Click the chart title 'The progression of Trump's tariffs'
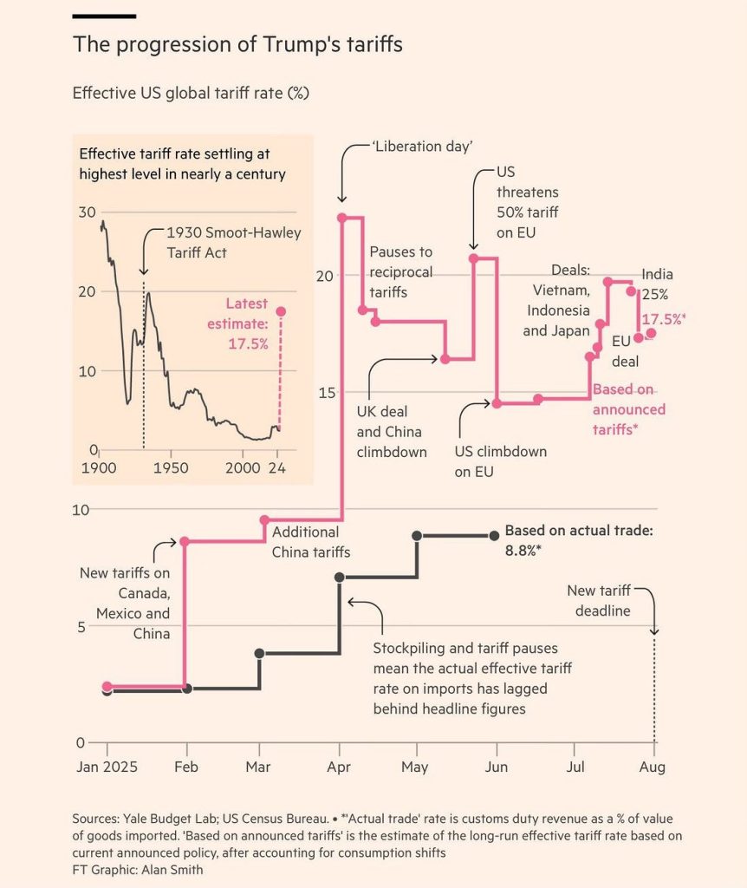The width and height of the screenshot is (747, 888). point(237,45)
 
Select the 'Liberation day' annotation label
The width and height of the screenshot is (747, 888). point(423,147)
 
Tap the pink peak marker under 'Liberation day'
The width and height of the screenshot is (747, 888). point(341,218)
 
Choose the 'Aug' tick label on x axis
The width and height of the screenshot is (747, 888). point(653,767)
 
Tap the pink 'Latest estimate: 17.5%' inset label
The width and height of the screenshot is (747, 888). point(247,323)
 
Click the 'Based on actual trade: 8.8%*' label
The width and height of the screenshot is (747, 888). point(579,539)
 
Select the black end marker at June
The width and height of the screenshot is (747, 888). point(494,536)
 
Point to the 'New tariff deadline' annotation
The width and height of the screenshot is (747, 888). point(599,600)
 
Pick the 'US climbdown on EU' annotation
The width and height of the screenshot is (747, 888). point(500,462)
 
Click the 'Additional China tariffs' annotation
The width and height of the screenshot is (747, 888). point(306,542)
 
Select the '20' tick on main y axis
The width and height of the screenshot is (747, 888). point(321,276)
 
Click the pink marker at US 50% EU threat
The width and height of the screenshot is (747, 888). point(473,258)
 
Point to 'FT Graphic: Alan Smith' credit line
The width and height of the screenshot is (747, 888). point(138,869)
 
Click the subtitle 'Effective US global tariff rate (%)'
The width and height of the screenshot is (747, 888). point(191,93)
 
